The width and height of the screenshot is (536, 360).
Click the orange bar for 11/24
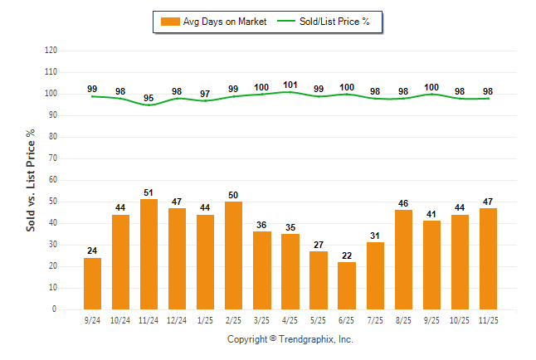point(149,254)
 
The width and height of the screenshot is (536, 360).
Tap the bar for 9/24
point(92,283)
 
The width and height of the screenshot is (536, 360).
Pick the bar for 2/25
point(233,255)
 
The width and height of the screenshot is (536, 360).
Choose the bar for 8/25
point(402,259)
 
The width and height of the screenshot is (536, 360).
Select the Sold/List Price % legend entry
point(328,22)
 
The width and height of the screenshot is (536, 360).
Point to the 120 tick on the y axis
point(51,51)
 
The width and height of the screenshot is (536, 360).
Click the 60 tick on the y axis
point(53,180)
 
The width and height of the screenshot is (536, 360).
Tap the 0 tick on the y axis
point(55,309)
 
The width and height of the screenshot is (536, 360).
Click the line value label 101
point(290,84)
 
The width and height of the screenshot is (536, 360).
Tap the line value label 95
point(149,97)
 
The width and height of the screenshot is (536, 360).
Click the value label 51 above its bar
point(149,192)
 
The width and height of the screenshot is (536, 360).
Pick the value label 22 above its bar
point(346,255)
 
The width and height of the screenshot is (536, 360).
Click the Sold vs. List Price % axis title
point(31,180)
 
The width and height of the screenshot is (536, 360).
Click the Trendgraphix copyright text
point(290,339)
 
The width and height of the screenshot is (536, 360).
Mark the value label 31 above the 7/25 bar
point(374,236)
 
